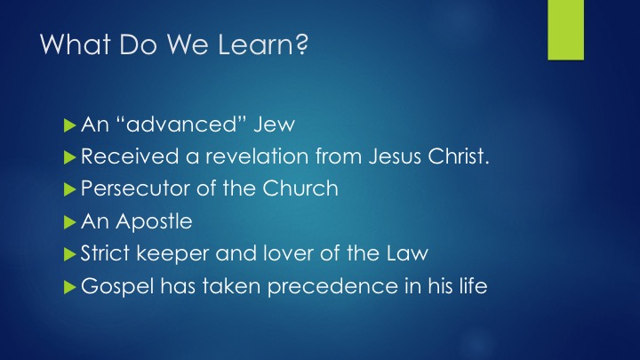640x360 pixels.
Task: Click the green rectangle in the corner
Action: (565, 30)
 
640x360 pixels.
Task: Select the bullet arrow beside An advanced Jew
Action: (70, 125)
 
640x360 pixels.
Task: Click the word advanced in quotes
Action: (181, 124)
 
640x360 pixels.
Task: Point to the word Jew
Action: (275, 124)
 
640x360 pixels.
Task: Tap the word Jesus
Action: (395, 156)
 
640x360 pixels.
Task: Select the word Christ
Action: (456, 156)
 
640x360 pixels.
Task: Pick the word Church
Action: (300, 188)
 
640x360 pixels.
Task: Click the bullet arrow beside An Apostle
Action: (70, 222)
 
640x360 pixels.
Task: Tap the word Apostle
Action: (154, 221)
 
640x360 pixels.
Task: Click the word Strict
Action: (105, 253)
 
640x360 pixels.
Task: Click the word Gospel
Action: (117, 286)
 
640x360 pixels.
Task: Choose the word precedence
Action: (332, 286)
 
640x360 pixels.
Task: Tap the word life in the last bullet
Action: (474, 285)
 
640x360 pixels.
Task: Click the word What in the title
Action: (76, 44)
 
